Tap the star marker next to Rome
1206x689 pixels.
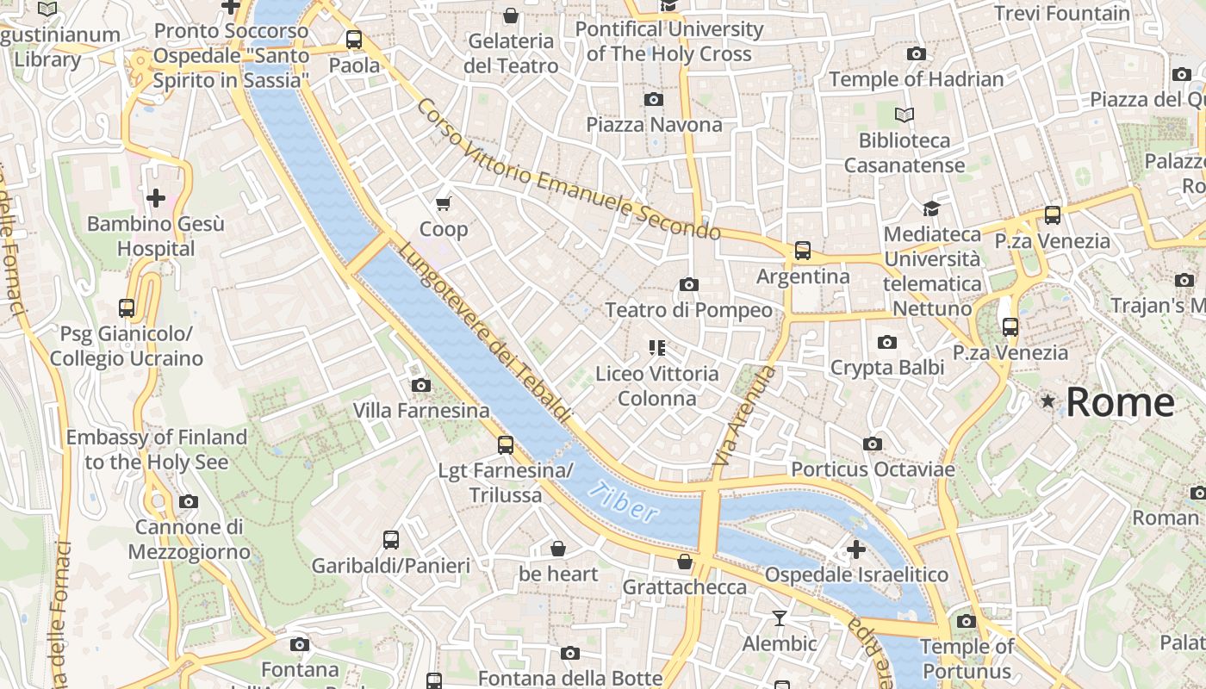pyautogui.click(x=1047, y=401)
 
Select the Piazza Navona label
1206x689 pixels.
pyautogui.click(x=654, y=125)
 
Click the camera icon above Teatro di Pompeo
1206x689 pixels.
pyautogui.click(x=688, y=284)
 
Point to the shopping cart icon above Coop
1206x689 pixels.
pyautogui.click(x=444, y=204)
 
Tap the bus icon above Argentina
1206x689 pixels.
pyautogui.click(x=803, y=251)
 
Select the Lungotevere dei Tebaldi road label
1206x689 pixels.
pyautogui.click(x=485, y=332)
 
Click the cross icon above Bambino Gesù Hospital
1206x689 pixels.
pyautogui.click(x=156, y=199)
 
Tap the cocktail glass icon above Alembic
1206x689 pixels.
pyautogui.click(x=780, y=618)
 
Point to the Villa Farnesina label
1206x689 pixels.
pyautogui.click(x=421, y=411)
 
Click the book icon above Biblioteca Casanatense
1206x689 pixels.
pyautogui.click(x=904, y=115)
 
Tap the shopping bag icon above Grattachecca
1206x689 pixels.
pyautogui.click(x=684, y=562)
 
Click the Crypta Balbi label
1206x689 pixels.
pyautogui.click(x=887, y=368)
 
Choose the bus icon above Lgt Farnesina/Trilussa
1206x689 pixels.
pyautogui.click(x=506, y=445)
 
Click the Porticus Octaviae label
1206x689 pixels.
pyautogui.click(x=873, y=469)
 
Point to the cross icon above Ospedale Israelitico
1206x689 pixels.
pyautogui.click(x=855, y=549)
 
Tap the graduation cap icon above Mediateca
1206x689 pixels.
pyautogui.click(x=931, y=208)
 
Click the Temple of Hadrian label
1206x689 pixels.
pyautogui.click(x=917, y=79)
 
